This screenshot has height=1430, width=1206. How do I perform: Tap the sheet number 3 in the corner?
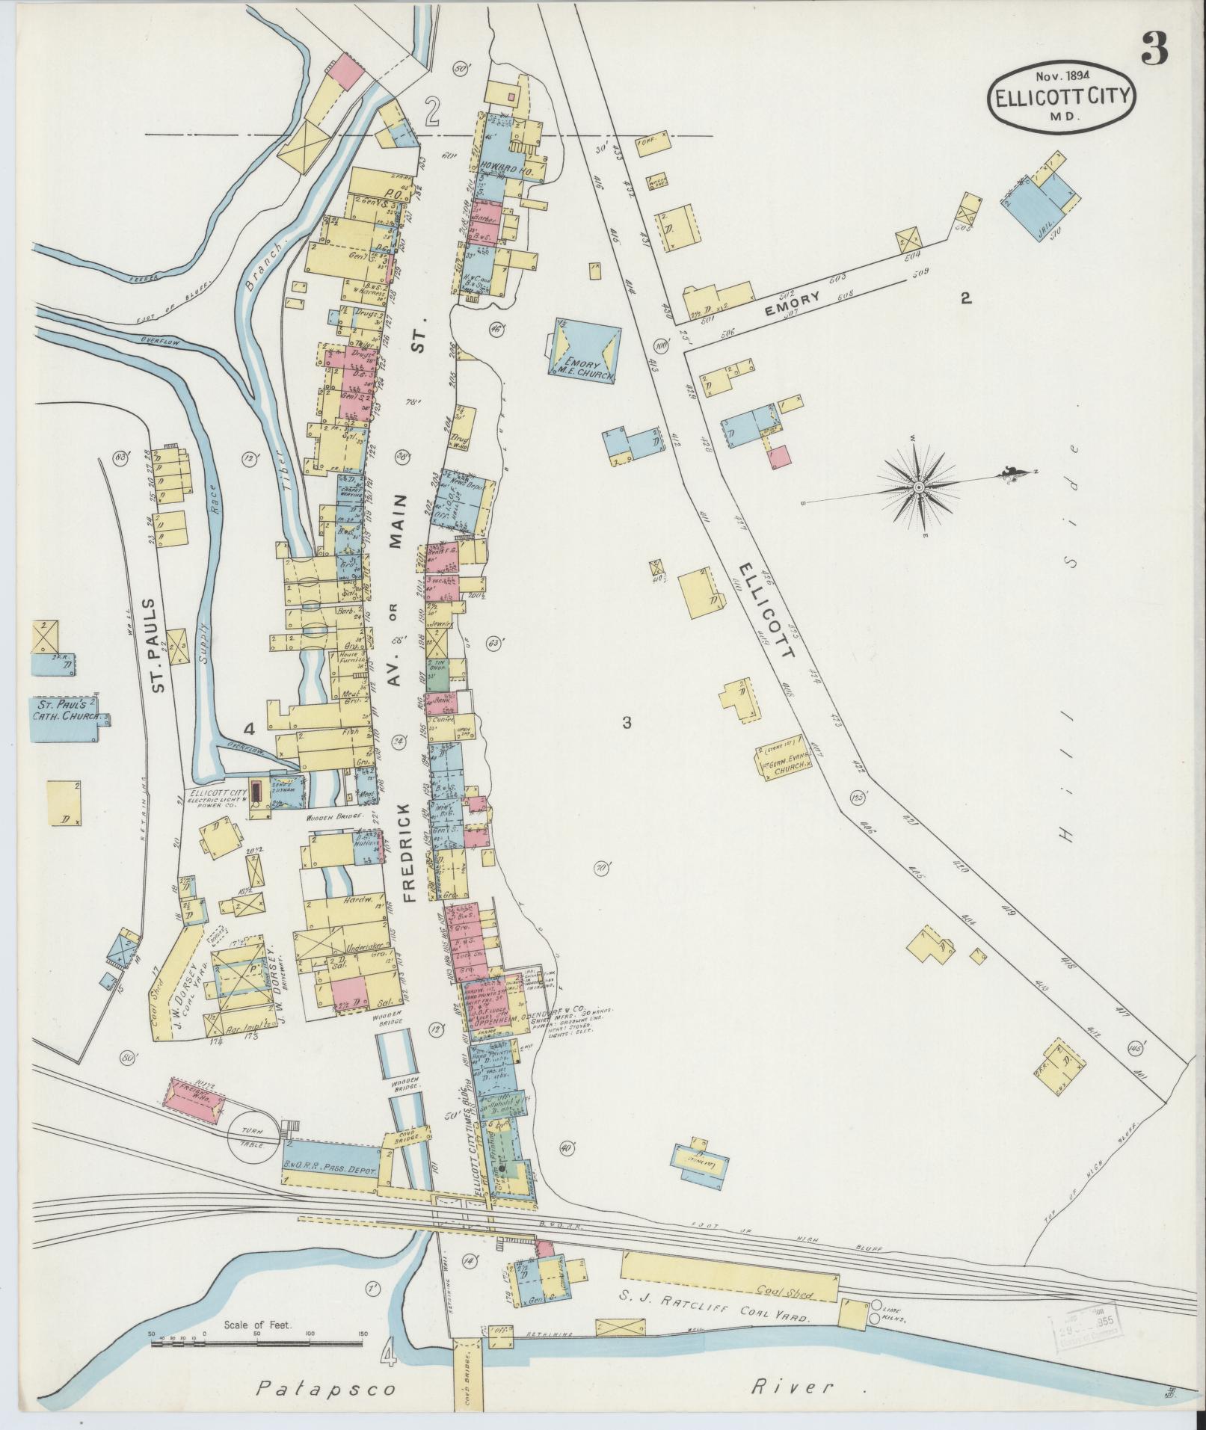pyautogui.click(x=1154, y=52)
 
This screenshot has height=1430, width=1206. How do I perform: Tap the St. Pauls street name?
pyautogui.click(x=158, y=645)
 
